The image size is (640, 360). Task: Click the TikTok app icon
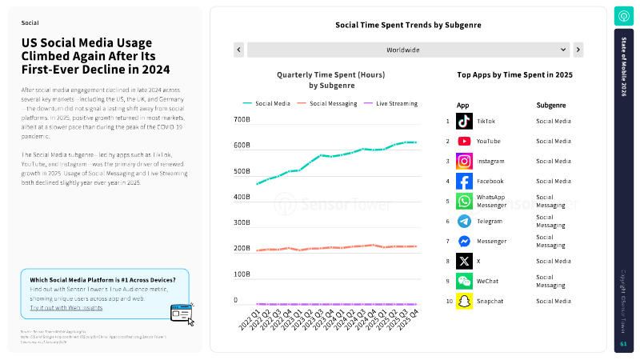[x=464, y=121]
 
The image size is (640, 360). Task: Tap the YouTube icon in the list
[x=464, y=141]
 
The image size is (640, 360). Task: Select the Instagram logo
[x=464, y=161]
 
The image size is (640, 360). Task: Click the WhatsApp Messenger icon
[x=464, y=201]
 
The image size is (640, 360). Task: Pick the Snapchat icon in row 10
[x=464, y=302]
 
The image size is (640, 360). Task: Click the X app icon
[x=464, y=261]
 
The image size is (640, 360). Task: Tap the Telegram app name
[x=490, y=221]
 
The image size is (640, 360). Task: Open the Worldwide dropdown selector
[x=408, y=50]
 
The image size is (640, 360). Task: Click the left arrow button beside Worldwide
[x=238, y=50]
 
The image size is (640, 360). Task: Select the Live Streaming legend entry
[x=392, y=103]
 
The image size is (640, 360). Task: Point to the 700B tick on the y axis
[x=242, y=120]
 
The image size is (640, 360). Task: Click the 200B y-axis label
[x=242, y=249]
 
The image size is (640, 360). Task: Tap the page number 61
[x=623, y=344]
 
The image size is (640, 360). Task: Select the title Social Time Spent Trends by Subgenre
[x=408, y=25]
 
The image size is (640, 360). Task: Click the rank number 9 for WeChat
[x=448, y=282]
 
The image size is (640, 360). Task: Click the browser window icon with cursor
[x=182, y=313]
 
